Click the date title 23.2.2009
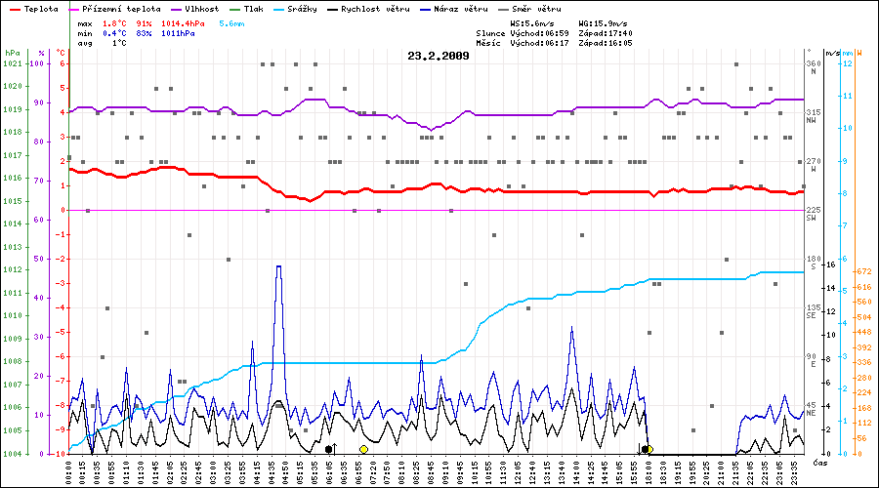(439, 56)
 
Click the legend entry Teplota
(40, 9)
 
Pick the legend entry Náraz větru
(459, 9)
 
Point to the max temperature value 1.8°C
(115, 22)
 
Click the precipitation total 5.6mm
(232, 22)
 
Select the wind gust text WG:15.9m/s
(604, 22)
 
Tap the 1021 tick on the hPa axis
(12, 64)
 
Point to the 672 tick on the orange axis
(862, 271)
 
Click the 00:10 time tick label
(68, 472)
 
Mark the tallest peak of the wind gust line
(279, 265)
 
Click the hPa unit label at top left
(12, 52)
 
